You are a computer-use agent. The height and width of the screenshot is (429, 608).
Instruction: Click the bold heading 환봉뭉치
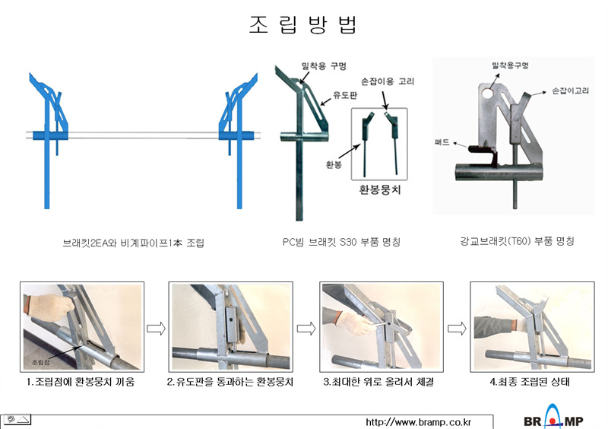click(x=379, y=189)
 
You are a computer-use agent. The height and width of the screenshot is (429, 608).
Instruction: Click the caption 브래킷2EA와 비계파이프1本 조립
click(x=134, y=243)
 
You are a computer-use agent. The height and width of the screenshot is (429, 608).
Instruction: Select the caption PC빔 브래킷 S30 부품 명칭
click(x=342, y=243)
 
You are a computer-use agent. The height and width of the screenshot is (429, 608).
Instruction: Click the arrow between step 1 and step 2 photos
click(x=156, y=328)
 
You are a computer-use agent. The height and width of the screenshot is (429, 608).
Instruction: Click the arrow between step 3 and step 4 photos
click(x=456, y=328)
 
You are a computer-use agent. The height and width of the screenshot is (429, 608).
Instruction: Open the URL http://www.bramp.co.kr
click(x=419, y=421)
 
